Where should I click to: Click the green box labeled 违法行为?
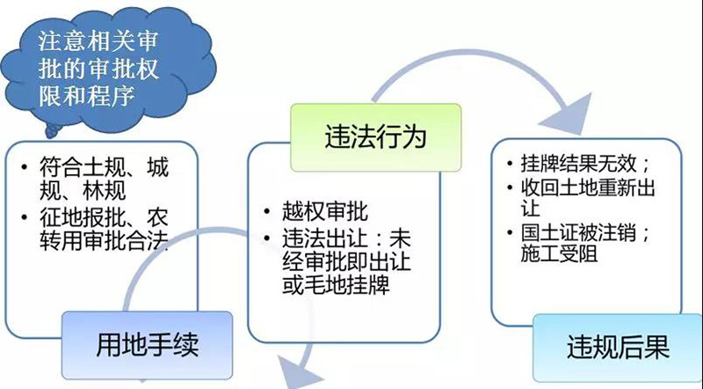[376, 137]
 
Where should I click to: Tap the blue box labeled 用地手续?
[147, 345]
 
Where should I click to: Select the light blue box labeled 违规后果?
[618, 349]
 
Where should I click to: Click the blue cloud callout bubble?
[107, 70]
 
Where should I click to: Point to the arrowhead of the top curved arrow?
[570, 115]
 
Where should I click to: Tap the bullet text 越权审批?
[325, 211]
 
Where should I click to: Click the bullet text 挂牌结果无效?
[578, 164]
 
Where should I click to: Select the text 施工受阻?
[559, 253]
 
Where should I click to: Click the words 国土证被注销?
[578, 233]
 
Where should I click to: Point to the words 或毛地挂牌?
[336, 283]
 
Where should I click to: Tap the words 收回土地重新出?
[588, 187]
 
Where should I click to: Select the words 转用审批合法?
[104, 241]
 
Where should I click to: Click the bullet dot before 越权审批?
[268, 211]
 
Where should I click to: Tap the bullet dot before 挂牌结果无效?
[510, 164]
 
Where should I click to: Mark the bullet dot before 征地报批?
[25, 218]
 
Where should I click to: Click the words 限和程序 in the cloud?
[87, 95]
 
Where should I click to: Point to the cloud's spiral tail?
[53, 131]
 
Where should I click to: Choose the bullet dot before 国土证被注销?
[510, 233]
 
